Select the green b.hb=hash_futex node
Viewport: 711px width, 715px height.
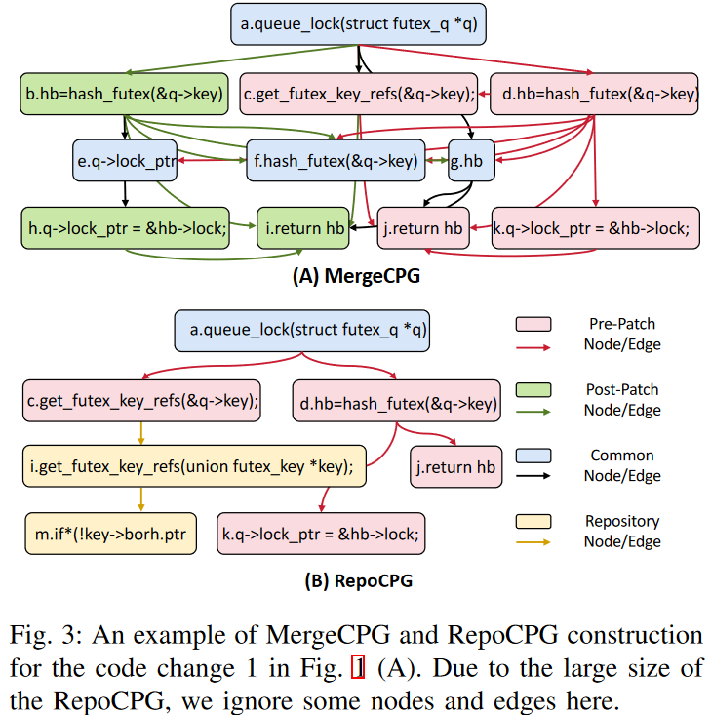coord(124,94)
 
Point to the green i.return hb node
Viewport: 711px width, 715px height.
coord(306,228)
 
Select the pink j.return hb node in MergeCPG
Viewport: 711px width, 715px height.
coord(420,228)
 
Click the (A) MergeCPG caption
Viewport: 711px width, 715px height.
coord(356,276)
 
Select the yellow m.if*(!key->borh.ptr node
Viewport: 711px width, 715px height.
coord(112,534)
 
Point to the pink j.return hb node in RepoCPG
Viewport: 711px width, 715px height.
coord(454,467)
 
